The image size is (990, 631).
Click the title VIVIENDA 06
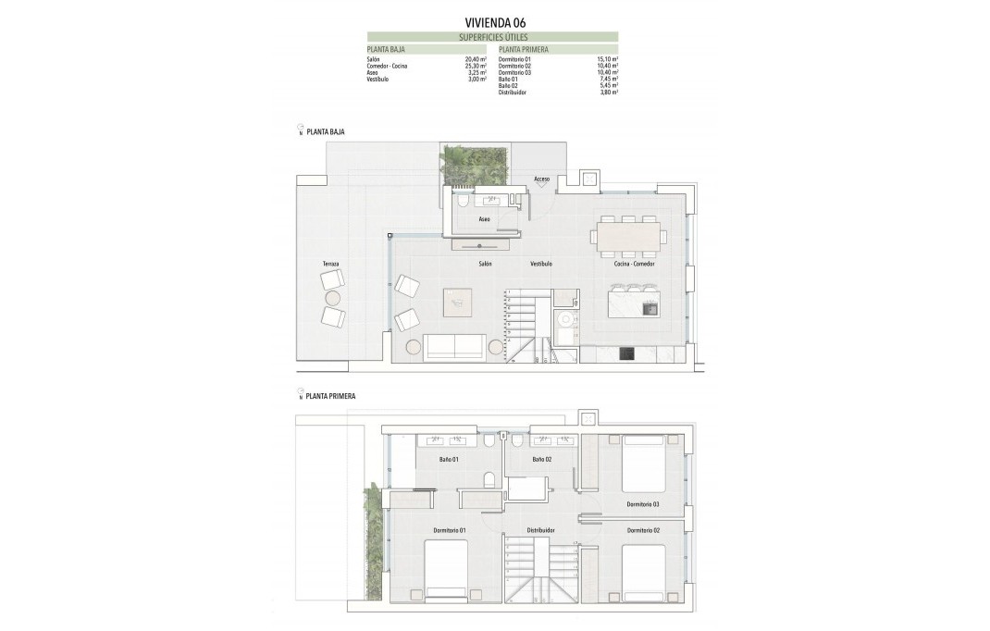point(494,22)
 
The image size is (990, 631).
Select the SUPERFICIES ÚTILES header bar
point(492,37)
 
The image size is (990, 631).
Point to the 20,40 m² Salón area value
point(476,59)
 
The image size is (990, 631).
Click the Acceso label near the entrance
point(542,179)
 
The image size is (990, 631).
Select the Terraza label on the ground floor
point(330,265)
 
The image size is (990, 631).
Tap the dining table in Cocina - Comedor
point(629,236)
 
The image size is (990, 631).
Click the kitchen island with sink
point(633,303)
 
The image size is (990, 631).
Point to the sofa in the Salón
point(453,347)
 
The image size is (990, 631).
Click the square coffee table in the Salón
point(457,303)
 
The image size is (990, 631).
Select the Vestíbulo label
point(541,264)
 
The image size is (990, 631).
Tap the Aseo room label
point(484,219)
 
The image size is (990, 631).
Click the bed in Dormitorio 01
point(446,569)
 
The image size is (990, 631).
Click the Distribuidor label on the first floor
point(540,530)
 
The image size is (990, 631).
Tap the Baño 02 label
point(542,459)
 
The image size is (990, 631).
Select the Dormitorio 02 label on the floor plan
point(643,530)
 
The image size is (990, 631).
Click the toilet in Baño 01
point(489,479)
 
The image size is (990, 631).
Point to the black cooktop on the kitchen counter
point(626,352)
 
